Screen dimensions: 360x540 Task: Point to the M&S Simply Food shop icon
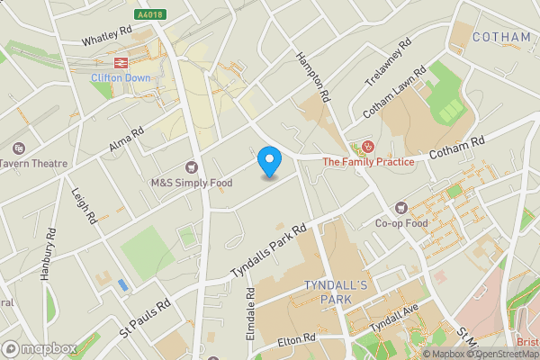tap(191, 166)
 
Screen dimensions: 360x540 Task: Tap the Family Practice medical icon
tap(367, 147)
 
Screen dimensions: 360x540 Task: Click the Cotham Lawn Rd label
tap(394, 95)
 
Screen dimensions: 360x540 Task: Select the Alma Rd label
tap(127, 139)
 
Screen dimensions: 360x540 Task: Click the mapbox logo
tap(39, 348)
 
